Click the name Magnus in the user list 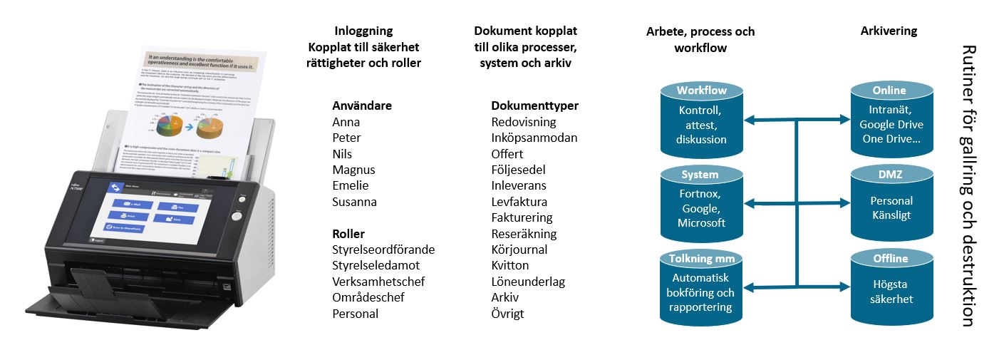coord(353,170)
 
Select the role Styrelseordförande coord(383,250)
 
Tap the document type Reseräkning coord(524,234)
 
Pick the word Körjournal coord(519,250)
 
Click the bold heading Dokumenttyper coord(534,106)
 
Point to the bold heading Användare coord(362,106)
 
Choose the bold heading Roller coord(348,234)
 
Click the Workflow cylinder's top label coord(702,91)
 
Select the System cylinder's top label coord(700,175)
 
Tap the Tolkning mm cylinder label coord(702,258)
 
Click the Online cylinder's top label coord(889,91)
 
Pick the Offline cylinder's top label coord(890,258)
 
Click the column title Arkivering coord(889,31)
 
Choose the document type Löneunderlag coord(528,282)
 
